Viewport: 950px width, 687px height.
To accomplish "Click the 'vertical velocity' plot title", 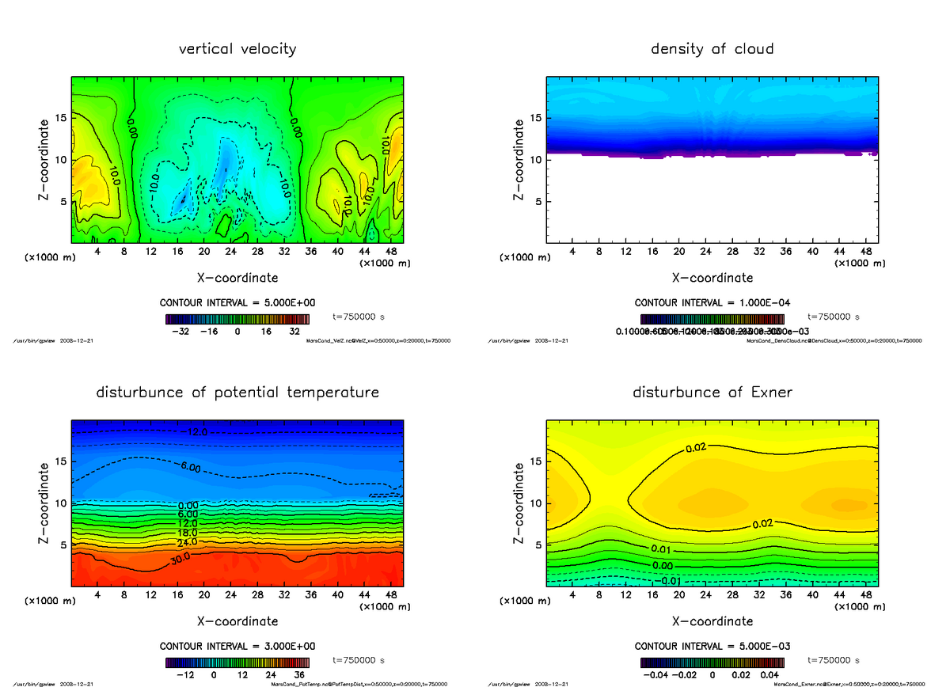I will point(237,49).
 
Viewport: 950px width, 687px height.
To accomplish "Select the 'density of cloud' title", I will point(712,49).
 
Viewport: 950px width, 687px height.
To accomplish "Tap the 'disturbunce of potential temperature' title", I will point(237,393).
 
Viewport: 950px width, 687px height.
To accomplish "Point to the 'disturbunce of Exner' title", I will point(712,393).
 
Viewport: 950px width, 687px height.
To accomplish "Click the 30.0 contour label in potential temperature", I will point(181,560).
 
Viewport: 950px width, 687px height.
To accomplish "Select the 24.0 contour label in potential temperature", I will point(188,542).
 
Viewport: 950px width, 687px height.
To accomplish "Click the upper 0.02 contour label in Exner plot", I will point(696,448).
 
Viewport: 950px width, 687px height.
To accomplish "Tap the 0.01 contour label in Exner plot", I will point(662,549).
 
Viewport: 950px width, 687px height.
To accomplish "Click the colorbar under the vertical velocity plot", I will point(237,319).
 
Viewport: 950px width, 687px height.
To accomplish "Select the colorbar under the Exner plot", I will point(712,662).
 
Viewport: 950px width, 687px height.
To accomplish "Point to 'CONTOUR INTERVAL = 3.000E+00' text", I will point(237,646).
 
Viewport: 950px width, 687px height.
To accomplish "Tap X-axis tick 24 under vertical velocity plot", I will point(231,252).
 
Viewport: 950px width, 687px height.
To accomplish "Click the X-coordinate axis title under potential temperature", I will point(237,621).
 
